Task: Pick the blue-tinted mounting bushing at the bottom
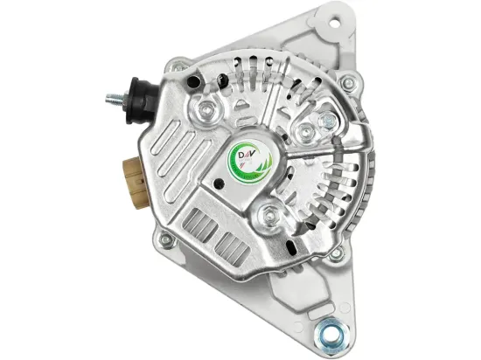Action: click(333, 334)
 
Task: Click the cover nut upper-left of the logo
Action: click(208, 110)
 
